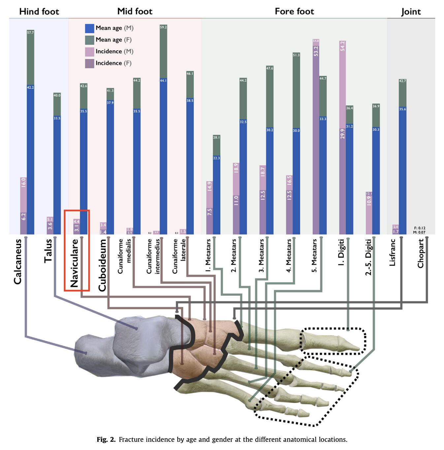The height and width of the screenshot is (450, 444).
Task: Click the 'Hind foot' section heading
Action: [x=39, y=12]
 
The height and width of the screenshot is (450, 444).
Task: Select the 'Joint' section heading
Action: [x=411, y=12]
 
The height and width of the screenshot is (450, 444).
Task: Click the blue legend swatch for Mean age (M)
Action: [x=89, y=28]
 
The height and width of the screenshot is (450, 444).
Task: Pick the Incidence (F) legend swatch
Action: [x=89, y=63]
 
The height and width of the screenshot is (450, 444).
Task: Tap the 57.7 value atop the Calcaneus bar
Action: [x=30, y=33]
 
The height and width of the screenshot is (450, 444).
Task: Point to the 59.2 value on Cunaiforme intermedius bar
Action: [x=163, y=27]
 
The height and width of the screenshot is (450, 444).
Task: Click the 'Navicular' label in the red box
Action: [x=75, y=263]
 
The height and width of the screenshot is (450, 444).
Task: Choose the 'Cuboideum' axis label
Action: [x=102, y=265]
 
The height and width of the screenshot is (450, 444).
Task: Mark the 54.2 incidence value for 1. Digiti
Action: [x=342, y=46]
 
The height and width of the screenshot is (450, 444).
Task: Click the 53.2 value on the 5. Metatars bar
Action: [x=316, y=51]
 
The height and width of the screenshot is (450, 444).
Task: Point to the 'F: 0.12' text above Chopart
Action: [x=420, y=228]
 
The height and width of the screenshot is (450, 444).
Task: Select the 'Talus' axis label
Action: [x=48, y=251]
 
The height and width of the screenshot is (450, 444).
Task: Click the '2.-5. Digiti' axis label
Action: [x=368, y=257]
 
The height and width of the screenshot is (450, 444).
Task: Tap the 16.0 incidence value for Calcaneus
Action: [x=23, y=182]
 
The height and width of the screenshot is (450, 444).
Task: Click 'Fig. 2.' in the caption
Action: [x=106, y=439]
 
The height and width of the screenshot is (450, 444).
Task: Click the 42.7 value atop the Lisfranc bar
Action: [x=402, y=81]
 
